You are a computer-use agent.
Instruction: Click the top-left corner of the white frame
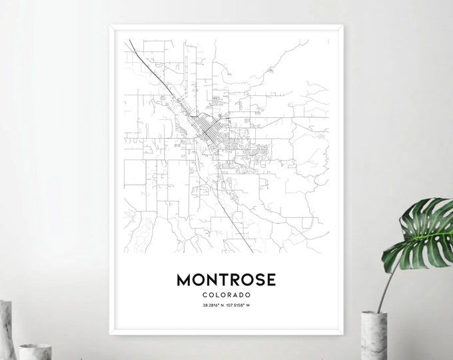click(x=109, y=26)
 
